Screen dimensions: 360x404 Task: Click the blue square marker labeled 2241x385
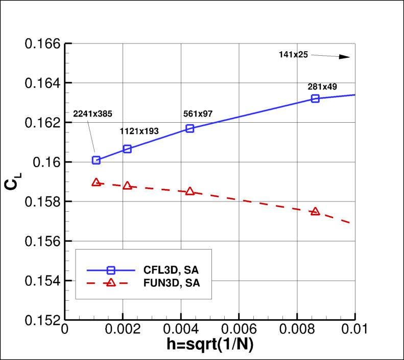[x=96, y=160]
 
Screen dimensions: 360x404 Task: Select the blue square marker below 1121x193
[x=128, y=149]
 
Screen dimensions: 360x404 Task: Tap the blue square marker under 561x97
[x=190, y=128]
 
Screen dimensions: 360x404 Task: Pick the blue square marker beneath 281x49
[x=315, y=98]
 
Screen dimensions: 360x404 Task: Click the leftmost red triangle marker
[x=96, y=182]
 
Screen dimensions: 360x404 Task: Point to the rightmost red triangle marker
[x=315, y=211]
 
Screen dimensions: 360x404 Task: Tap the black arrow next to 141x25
[x=332, y=56]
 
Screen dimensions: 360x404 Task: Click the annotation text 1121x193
[x=139, y=131]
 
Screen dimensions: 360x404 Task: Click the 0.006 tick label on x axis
[x=239, y=328]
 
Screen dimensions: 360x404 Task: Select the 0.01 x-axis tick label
[x=354, y=328]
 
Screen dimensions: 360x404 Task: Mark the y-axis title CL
[x=11, y=183]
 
